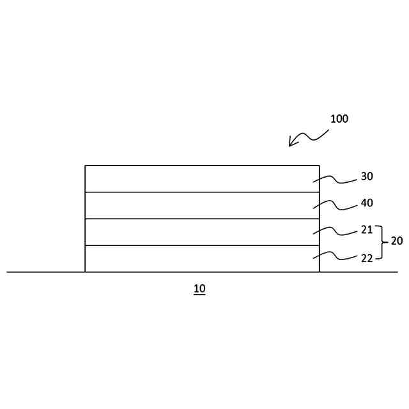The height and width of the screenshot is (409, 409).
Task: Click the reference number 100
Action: click(x=339, y=119)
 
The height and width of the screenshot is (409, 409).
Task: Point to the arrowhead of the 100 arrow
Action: click(x=290, y=145)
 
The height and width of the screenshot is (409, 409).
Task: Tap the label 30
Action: click(x=367, y=176)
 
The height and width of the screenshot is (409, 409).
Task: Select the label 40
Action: click(x=367, y=203)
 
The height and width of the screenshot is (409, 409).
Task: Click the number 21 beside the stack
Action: click(x=367, y=230)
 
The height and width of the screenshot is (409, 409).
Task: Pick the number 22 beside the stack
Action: click(x=367, y=258)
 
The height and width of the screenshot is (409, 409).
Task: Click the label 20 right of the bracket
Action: click(x=397, y=242)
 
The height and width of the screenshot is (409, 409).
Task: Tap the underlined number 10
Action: click(x=199, y=289)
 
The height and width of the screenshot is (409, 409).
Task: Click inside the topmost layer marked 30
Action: click(x=202, y=179)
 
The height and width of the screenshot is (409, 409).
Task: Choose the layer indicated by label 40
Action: click(x=202, y=206)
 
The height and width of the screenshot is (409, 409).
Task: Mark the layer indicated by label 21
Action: click(x=202, y=233)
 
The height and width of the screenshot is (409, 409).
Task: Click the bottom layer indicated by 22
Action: click(x=202, y=259)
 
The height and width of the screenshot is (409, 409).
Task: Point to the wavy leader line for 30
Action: click(x=336, y=180)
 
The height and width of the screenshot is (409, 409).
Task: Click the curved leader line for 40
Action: click(x=336, y=206)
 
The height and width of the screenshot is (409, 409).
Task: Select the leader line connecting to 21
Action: click(x=336, y=231)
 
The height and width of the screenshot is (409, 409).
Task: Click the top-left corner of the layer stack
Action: click(x=86, y=166)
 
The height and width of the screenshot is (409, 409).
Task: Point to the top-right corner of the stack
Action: click(x=319, y=166)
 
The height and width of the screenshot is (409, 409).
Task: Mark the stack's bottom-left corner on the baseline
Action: click(x=86, y=272)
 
